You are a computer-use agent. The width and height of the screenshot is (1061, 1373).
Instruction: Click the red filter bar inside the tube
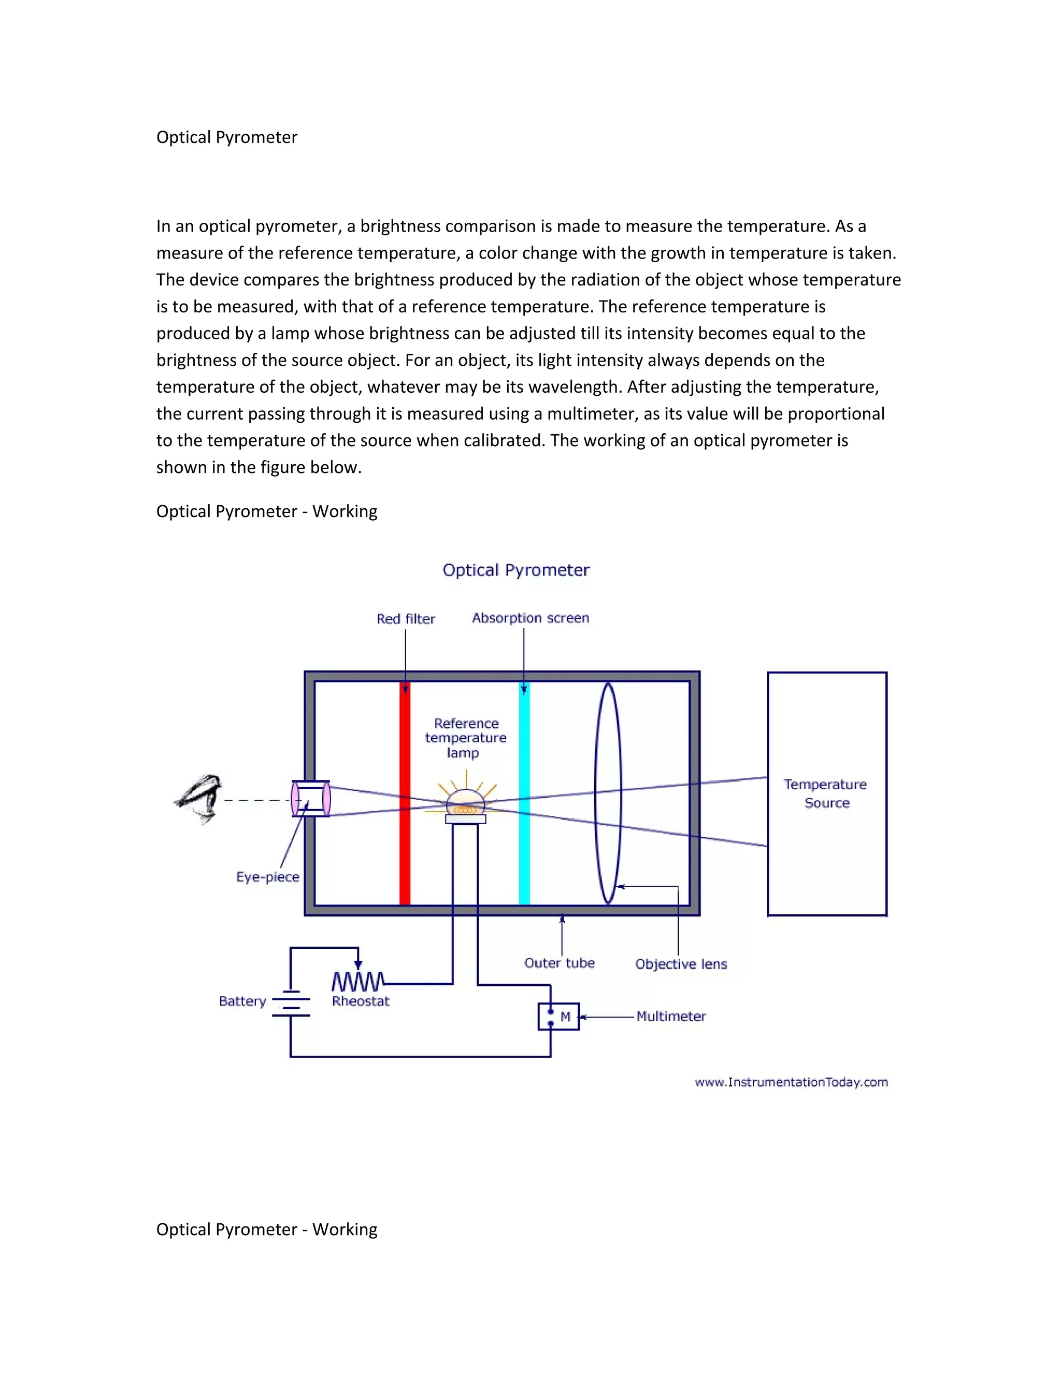pos(405,855)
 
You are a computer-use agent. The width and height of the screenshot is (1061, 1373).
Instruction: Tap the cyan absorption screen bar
pos(524,855)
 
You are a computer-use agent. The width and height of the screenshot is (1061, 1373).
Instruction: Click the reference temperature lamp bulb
pos(465,804)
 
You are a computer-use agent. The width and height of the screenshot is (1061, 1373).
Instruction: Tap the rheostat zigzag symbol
pos(357,981)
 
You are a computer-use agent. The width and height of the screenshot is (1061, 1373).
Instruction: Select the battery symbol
pos(291,1004)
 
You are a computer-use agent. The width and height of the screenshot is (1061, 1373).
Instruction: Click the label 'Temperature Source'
pos(826,793)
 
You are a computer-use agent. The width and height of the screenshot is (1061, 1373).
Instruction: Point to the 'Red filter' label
pos(406,619)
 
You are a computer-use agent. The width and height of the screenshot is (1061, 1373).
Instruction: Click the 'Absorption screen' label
pos(530,618)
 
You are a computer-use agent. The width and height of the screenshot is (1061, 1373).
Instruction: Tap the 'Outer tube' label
pos(560,963)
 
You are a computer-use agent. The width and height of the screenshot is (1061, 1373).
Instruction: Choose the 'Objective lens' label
pos(681,964)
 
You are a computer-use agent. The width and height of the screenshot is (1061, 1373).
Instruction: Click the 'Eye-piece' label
pos(268,877)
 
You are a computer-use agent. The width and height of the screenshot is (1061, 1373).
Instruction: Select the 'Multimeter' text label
pos(671,1017)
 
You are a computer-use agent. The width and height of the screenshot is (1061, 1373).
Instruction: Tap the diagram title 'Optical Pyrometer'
pos(516,570)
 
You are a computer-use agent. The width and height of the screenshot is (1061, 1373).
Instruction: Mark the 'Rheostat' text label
pos(361,1002)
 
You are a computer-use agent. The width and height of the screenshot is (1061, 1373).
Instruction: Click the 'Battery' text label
pos(242,1002)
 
